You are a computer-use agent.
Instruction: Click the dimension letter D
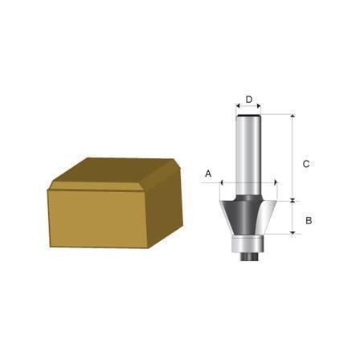coord(249,100)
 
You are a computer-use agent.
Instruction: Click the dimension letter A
coord(208,174)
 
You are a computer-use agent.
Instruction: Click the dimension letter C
coord(306,164)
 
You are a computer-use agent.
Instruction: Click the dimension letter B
coord(309,221)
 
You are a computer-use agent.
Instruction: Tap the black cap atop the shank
coord(248,116)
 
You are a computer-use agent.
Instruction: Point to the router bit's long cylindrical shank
coord(248,155)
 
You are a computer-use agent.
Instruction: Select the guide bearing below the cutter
coord(248,244)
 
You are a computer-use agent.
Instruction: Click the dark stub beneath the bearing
coord(248,256)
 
